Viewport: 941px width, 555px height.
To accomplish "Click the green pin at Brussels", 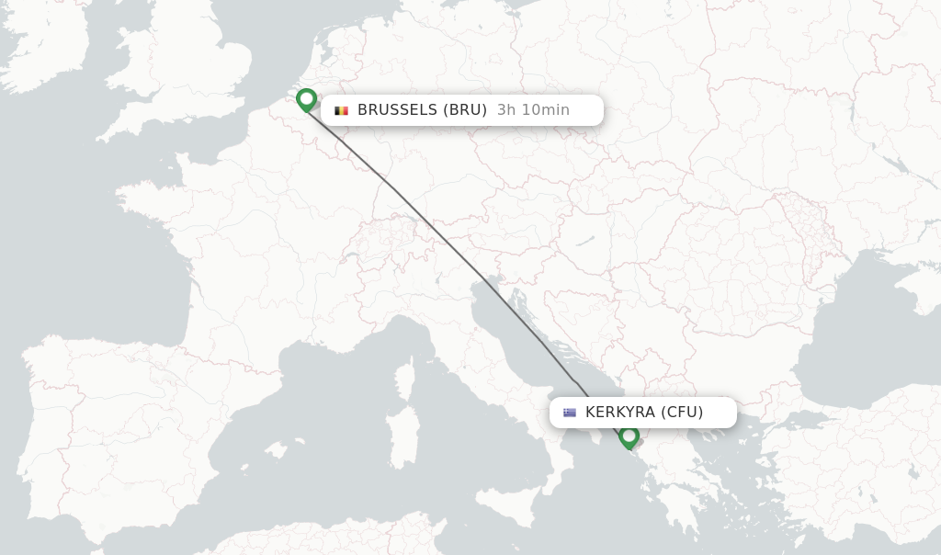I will click(306, 99).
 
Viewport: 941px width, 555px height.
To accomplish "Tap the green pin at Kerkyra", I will click(629, 436).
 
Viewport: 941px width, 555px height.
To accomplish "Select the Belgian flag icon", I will click(342, 110).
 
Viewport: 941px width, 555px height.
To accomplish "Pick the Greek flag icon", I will click(570, 413).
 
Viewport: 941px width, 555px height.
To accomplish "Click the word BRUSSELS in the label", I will click(397, 110).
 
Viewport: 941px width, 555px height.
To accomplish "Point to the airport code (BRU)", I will click(465, 110).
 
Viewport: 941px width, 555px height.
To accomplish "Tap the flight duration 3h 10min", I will click(533, 110).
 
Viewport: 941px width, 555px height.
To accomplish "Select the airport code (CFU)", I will click(682, 413).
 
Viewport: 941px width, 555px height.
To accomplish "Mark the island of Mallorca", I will click(275, 450).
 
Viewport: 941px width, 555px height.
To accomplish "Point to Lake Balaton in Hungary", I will click(585, 241).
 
